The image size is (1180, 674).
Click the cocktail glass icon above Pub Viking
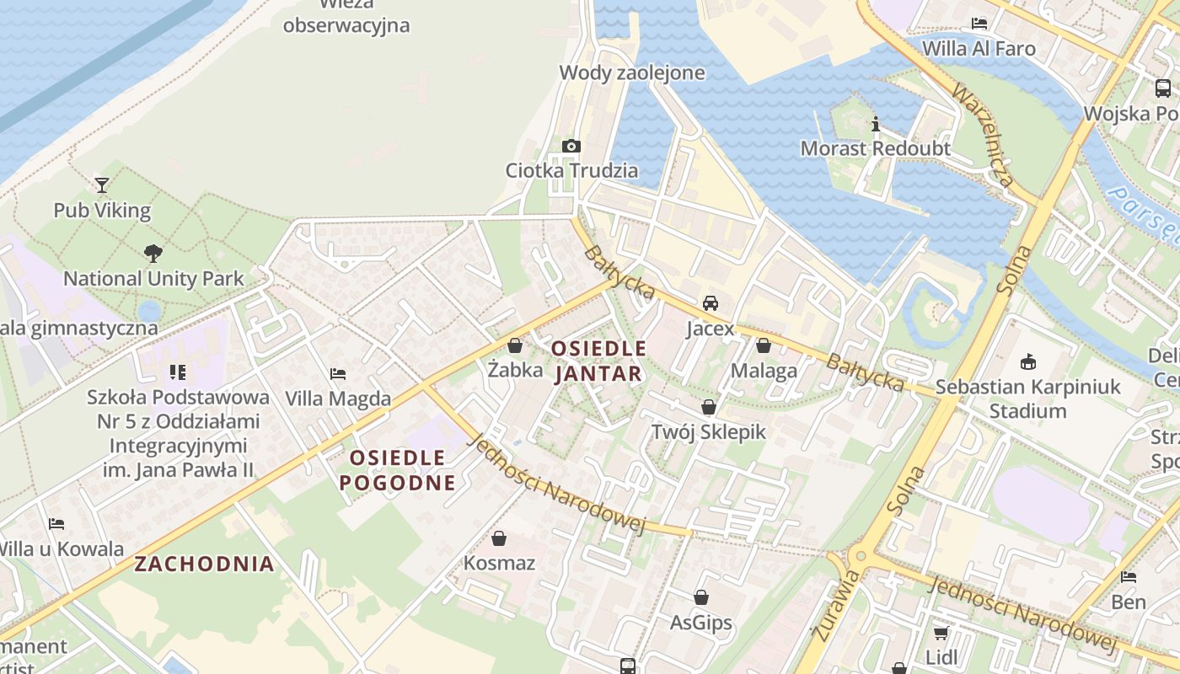(x=102, y=185)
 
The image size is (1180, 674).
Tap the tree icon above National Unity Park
(x=153, y=252)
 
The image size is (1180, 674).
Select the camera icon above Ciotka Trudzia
(x=571, y=146)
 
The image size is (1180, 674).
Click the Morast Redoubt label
(x=875, y=149)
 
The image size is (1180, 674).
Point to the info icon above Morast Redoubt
(x=875, y=124)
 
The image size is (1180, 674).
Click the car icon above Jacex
(x=711, y=303)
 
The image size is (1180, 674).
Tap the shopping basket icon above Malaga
(x=764, y=345)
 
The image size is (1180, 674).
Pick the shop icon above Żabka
(x=515, y=345)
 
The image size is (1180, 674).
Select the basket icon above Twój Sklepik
(x=709, y=407)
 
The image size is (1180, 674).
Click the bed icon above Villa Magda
(x=338, y=373)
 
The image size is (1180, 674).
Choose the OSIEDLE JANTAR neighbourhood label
(x=598, y=361)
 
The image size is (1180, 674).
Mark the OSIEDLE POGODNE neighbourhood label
(x=397, y=470)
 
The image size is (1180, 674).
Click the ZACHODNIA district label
(x=205, y=564)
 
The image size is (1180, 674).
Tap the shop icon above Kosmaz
(x=499, y=538)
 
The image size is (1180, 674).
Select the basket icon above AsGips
(x=701, y=597)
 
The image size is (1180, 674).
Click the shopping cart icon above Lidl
(x=941, y=632)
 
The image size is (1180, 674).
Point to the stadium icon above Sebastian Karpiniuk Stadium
(x=1027, y=361)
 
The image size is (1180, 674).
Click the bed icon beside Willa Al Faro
(x=979, y=23)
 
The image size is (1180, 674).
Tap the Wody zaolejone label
(x=632, y=72)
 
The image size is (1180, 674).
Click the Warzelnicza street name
(x=982, y=135)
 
